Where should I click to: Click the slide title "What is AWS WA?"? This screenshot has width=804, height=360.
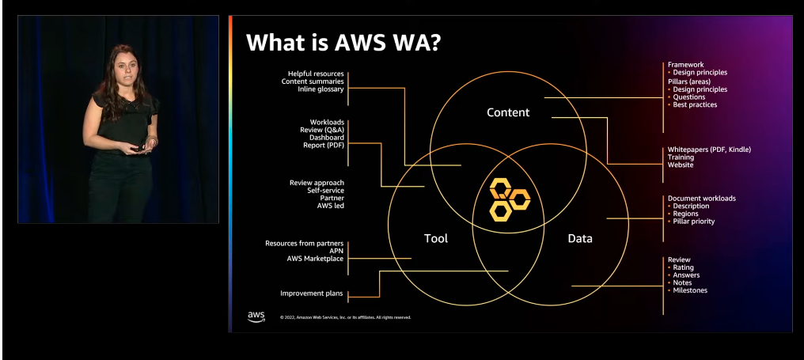[x=343, y=42]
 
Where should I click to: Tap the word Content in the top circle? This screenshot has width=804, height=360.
[x=508, y=112]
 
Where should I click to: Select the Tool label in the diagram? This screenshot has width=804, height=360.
[x=436, y=238]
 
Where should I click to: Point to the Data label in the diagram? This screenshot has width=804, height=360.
[x=580, y=238]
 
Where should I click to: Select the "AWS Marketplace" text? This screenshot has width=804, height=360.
[x=315, y=259]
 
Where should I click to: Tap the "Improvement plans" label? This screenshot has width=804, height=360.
[x=312, y=294]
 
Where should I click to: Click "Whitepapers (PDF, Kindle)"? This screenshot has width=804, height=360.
[x=709, y=150]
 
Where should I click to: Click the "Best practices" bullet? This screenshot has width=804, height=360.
[x=695, y=104]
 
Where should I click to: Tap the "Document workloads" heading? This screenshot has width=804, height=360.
[x=702, y=198]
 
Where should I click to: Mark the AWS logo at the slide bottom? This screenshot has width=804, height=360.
[x=256, y=316]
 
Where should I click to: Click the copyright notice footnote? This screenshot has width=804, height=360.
[x=345, y=317]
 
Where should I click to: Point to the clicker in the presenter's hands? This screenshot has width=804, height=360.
[x=138, y=148]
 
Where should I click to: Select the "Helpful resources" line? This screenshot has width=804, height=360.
[x=316, y=74]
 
